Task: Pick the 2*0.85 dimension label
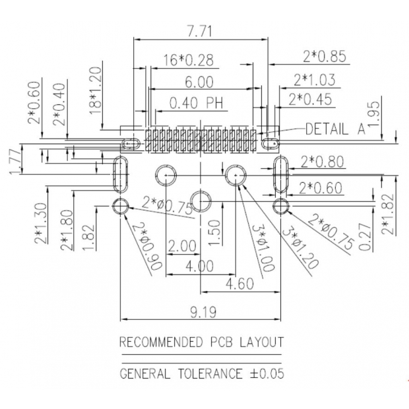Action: click(x=325, y=56)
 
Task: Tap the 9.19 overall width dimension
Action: click(x=199, y=312)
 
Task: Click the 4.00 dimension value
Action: click(x=199, y=266)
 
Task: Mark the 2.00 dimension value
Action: click(x=182, y=246)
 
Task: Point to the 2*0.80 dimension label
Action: click(x=323, y=161)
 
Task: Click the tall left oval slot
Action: click(x=120, y=175)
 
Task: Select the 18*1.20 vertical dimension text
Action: click(x=96, y=90)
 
